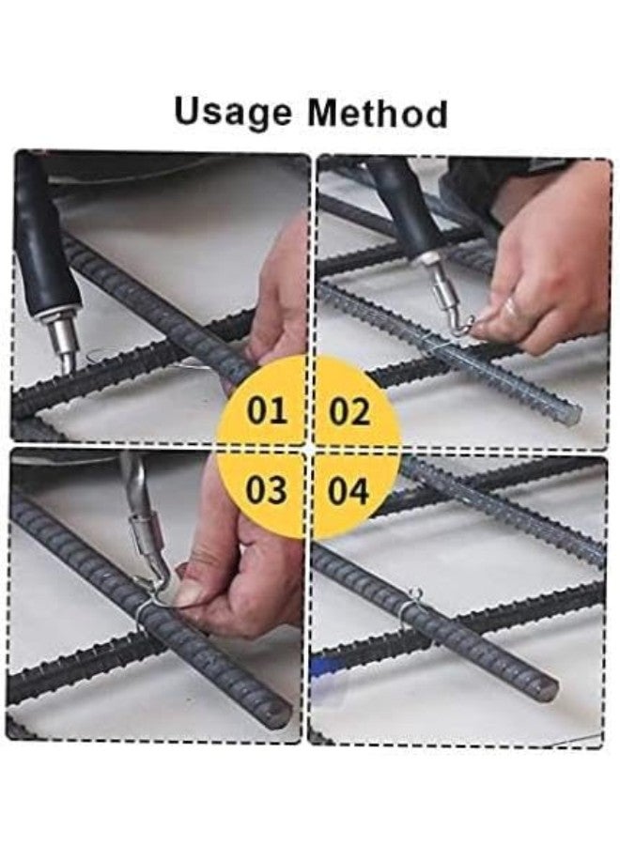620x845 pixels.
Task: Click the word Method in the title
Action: pyautogui.click(x=377, y=114)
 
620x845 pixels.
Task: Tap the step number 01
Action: pyautogui.click(x=266, y=411)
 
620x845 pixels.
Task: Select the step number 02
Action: pyautogui.click(x=349, y=411)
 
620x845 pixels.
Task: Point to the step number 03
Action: pyautogui.click(x=266, y=490)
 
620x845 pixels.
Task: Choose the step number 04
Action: pyautogui.click(x=349, y=490)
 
